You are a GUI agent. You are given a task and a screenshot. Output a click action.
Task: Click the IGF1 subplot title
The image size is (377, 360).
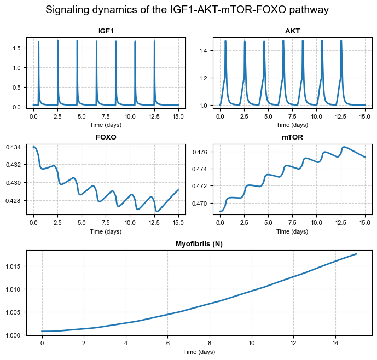[x=106, y=31]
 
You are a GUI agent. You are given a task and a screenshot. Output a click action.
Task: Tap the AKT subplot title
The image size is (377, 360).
[x=292, y=31]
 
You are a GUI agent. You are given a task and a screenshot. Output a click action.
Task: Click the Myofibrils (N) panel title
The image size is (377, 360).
[x=199, y=244]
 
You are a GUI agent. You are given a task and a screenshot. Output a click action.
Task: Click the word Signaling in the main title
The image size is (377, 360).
[x=65, y=10]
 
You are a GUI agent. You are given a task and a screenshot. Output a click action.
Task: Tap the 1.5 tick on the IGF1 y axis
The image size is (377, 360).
[x=17, y=48]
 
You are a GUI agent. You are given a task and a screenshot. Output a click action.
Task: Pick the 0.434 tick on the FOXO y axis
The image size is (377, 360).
[x=13, y=148]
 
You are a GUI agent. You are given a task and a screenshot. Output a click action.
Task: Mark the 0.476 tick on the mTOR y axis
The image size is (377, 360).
[x=199, y=152]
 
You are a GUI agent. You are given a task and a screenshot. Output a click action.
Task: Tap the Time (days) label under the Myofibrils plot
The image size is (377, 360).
[x=199, y=352]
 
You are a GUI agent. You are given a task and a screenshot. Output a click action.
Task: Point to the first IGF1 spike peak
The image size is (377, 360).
[x=38, y=42]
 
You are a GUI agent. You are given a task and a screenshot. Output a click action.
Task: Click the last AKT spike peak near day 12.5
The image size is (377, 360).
[x=341, y=40]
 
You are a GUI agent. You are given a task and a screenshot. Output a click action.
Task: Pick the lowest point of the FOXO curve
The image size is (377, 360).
[x=156, y=211]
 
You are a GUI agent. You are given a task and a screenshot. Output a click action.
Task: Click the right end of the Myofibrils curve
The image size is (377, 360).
[x=357, y=254]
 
